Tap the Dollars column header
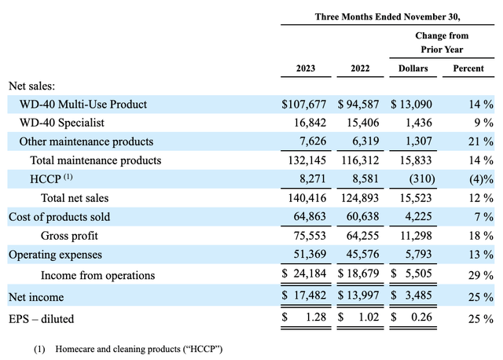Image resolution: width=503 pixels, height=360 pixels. (413, 68)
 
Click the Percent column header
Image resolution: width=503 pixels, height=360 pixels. (468, 68)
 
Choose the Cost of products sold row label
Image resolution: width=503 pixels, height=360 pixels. (59, 217)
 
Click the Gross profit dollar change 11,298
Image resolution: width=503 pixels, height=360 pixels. (413, 236)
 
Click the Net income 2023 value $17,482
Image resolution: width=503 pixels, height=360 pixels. (305, 296)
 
